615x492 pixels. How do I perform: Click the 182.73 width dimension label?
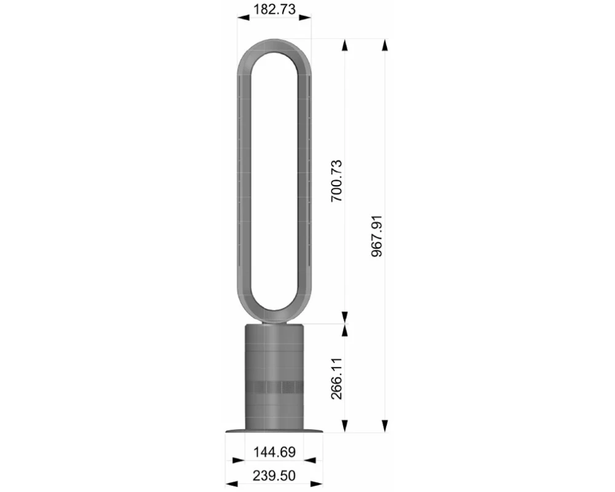click(274, 9)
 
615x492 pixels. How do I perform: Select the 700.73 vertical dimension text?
click(337, 181)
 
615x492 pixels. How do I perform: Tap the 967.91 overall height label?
click(377, 236)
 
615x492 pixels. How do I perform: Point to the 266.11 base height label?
click(337, 379)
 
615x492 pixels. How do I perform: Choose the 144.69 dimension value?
click(274, 452)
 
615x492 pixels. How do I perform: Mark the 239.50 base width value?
click(274, 475)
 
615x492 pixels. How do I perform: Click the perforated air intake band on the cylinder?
click(274, 387)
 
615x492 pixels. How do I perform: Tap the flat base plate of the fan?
click(274, 431)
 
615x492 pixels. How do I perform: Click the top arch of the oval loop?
click(274, 45)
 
